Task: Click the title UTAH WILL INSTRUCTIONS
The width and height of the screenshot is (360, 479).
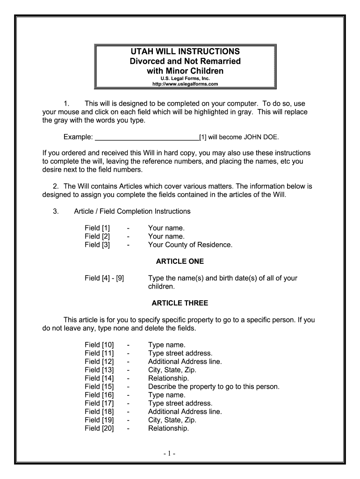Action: [185, 51]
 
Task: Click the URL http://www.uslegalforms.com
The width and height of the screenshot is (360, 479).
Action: [185, 84]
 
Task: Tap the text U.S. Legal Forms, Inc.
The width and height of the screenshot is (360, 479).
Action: [185, 79]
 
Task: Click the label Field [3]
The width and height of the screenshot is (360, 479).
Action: [97, 245]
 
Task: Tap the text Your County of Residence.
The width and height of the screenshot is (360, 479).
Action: [190, 245]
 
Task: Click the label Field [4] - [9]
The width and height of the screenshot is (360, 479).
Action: [104, 278]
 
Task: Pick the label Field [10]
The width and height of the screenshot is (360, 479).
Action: [99, 345]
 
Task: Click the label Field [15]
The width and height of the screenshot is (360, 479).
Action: [99, 386]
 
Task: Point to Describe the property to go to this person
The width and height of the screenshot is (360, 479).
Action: [214, 386]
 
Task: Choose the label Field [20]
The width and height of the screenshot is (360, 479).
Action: [99, 428]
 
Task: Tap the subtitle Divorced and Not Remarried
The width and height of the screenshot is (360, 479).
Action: [185, 61]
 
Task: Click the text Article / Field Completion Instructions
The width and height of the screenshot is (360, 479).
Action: [132, 211]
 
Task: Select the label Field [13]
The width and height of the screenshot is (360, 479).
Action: [99, 370]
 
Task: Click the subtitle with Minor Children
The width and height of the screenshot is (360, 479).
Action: [185, 71]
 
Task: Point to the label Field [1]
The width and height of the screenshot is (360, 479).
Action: [97, 228]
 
